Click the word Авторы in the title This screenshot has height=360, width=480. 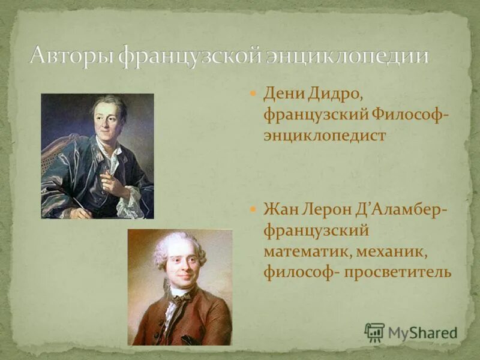71,56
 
